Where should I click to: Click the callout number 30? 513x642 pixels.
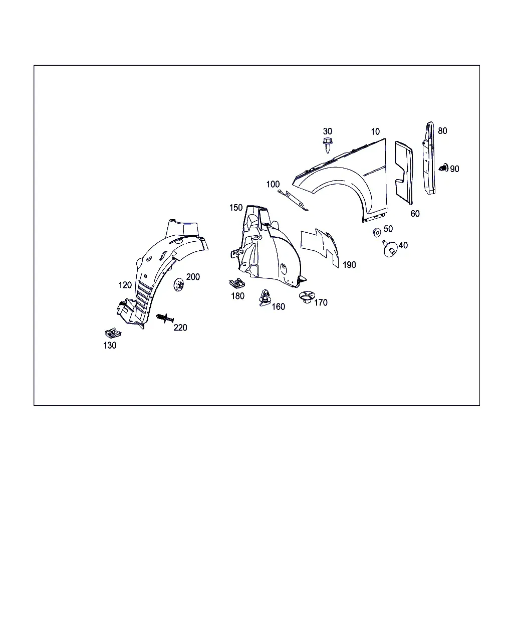tap(327, 131)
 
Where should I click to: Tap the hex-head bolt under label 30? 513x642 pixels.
tap(327, 145)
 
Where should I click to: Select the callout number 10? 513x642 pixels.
tap(375, 131)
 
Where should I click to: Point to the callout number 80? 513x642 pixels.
tap(442, 131)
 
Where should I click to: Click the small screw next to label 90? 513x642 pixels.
tap(443, 168)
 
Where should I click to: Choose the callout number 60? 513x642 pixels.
tap(415, 214)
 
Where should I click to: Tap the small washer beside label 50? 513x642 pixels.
tap(377, 232)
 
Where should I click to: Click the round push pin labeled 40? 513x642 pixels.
tap(390, 249)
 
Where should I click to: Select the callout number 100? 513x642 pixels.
tap(273, 185)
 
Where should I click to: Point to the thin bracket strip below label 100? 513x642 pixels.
tap(293, 200)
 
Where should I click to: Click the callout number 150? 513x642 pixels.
tap(236, 208)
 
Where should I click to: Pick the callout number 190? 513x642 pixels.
tap(349, 265)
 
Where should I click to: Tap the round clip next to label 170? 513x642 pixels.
tap(307, 297)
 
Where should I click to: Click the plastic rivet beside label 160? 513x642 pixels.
tap(264, 298)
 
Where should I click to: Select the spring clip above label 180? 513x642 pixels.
tap(237, 283)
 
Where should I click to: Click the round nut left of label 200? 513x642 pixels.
tap(178, 284)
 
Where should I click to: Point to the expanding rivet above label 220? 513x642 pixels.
tap(164, 318)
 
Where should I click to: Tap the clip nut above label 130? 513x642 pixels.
tap(113, 333)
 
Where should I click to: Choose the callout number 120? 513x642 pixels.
tap(125, 285)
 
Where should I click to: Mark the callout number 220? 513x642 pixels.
tap(180, 328)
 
